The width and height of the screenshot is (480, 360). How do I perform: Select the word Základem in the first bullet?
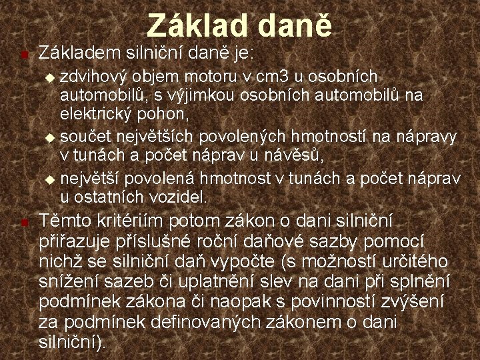pos(75,52)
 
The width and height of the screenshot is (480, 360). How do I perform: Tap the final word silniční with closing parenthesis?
pos(72,343)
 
